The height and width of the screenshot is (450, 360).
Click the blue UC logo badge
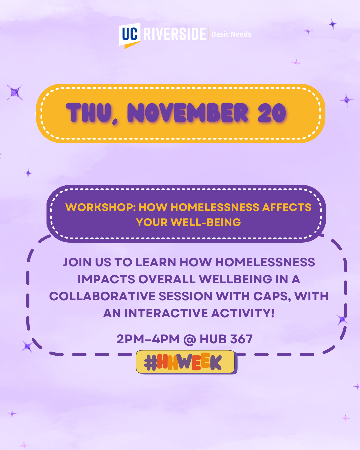(x=129, y=35)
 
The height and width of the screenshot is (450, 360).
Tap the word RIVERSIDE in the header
(x=175, y=34)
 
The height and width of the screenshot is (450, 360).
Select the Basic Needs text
(x=231, y=34)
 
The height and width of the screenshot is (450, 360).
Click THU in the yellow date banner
(x=88, y=113)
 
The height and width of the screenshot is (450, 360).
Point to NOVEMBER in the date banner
(x=187, y=113)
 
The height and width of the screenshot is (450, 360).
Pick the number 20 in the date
(x=272, y=113)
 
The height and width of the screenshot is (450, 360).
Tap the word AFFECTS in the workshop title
(x=287, y=207)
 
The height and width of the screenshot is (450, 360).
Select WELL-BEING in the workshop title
(x=206, y=222)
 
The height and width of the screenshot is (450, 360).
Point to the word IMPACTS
(x=106, y=279)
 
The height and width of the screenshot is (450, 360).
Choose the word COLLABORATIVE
(x=102, y=296)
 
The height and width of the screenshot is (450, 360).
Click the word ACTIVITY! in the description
(x=243, y=313)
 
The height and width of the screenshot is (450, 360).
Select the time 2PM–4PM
(x=148, y=339)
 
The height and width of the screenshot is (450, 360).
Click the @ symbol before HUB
(x=190, y=339)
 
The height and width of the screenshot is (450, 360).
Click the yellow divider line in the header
(x=209, y=34)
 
